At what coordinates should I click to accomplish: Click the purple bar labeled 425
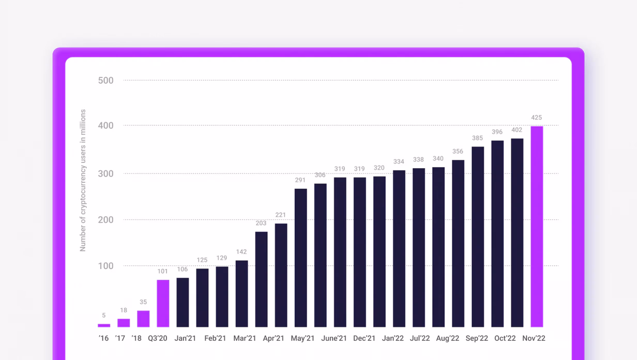(x=537, y=227)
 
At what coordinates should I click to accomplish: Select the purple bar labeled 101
(x=163, y=304)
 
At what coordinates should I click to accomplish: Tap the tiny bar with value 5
(x=104, y=325)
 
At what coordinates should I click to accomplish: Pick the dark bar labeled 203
(x=261, y=279)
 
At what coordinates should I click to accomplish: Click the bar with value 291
(x=300, y=258)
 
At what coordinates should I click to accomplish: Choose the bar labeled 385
(x=478, y=237)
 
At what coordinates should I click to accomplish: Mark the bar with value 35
(x=143, y=319)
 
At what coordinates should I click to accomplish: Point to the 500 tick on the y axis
(x=106, y=81)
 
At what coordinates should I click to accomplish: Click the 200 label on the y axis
(x=106, y=220)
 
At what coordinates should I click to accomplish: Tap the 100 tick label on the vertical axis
(x=106, y=266)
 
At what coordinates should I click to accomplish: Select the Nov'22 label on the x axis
(x=534, y=338)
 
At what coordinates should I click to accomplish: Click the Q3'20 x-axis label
(x=158, y=338)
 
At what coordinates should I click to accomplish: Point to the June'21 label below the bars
(x=334, y=338)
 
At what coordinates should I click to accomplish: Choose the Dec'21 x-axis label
(x=365, y=338)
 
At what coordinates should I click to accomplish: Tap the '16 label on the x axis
(x=103, y=338)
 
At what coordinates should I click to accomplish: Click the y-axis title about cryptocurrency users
(x=83, y=181)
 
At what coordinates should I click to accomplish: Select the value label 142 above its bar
(x=241, y=252)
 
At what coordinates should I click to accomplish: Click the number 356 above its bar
(x=458, y=152)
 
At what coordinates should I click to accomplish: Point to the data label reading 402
(x=517, y=130)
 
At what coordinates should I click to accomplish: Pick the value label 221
(x=281, y=215)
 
